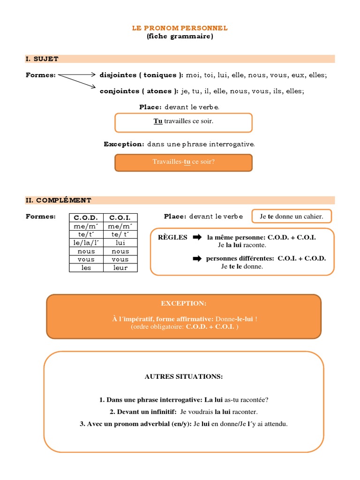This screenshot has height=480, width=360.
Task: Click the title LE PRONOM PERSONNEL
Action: (x=180, y=28)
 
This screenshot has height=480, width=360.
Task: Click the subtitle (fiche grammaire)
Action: (x=180, y=37)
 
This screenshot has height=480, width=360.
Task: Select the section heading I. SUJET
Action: (x=42, y=59)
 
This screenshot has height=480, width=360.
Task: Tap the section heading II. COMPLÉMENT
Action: (x=59, y=200)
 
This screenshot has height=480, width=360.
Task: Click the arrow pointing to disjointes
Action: (x=77, y=75)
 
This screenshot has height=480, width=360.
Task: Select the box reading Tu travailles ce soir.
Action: (x=183, y=122)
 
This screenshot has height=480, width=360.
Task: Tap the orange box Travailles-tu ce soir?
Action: (x=183, y=162)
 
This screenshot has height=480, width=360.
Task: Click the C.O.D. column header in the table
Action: (x=86, y=217)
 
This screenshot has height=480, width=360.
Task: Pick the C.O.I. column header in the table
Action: (x=120, y=217)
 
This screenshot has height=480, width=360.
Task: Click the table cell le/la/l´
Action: (x=86, y=242)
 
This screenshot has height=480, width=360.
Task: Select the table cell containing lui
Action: (x=120, y=242)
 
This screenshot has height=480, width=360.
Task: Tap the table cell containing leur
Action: (x=120, y=268)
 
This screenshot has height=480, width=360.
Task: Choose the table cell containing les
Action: (x=86, y=268)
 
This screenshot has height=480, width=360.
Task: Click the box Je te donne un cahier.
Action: (x=292, y=216)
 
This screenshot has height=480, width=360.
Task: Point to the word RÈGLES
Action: (x=172, y=237)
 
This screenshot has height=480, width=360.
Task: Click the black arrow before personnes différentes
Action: (x=197, y=258)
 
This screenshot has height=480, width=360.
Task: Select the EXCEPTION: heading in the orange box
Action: (x=183, y=303)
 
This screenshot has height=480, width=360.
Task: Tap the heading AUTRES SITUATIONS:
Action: (x=183, y=376)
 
